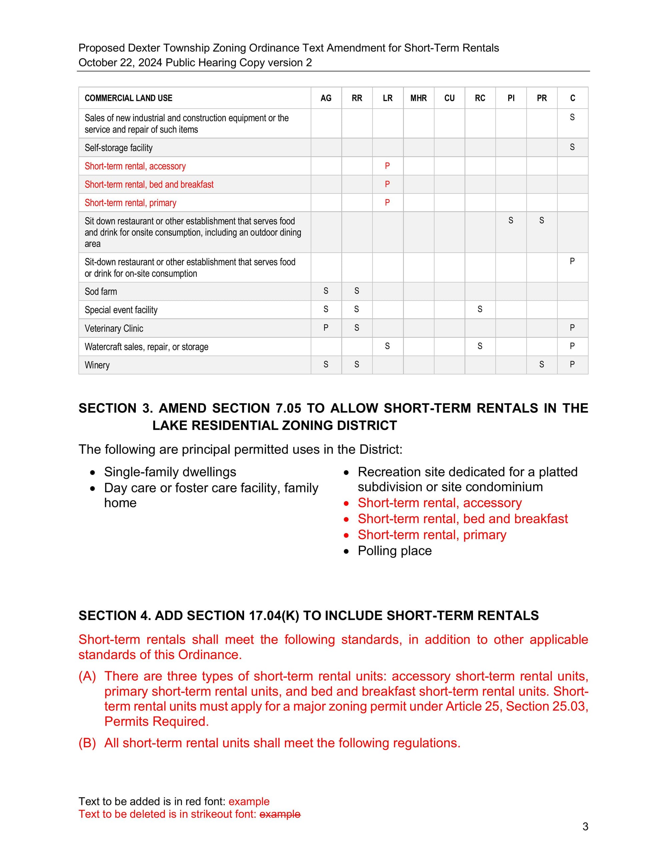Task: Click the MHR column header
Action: [419, 98]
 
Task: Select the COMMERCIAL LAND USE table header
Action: [128, 98]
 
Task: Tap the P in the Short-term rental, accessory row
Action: [387, 166]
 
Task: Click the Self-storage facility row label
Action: [118, 148]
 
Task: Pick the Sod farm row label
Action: [101, 291]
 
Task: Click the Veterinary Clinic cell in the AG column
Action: [326, 328]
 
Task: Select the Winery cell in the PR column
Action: [541, 364]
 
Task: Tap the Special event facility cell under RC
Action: [480, 309]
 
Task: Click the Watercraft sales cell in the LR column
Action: [387, 346]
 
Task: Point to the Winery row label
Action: [97, 365]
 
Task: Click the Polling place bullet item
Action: [394, 551]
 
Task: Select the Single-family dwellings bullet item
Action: [170, 472]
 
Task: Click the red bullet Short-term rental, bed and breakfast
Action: [462, 519]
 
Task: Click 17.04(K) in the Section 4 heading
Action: [274, 616]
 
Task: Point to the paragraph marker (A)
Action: [87, 676]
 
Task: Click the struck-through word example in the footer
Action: [280, 814]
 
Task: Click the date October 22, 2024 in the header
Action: [120, 62]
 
